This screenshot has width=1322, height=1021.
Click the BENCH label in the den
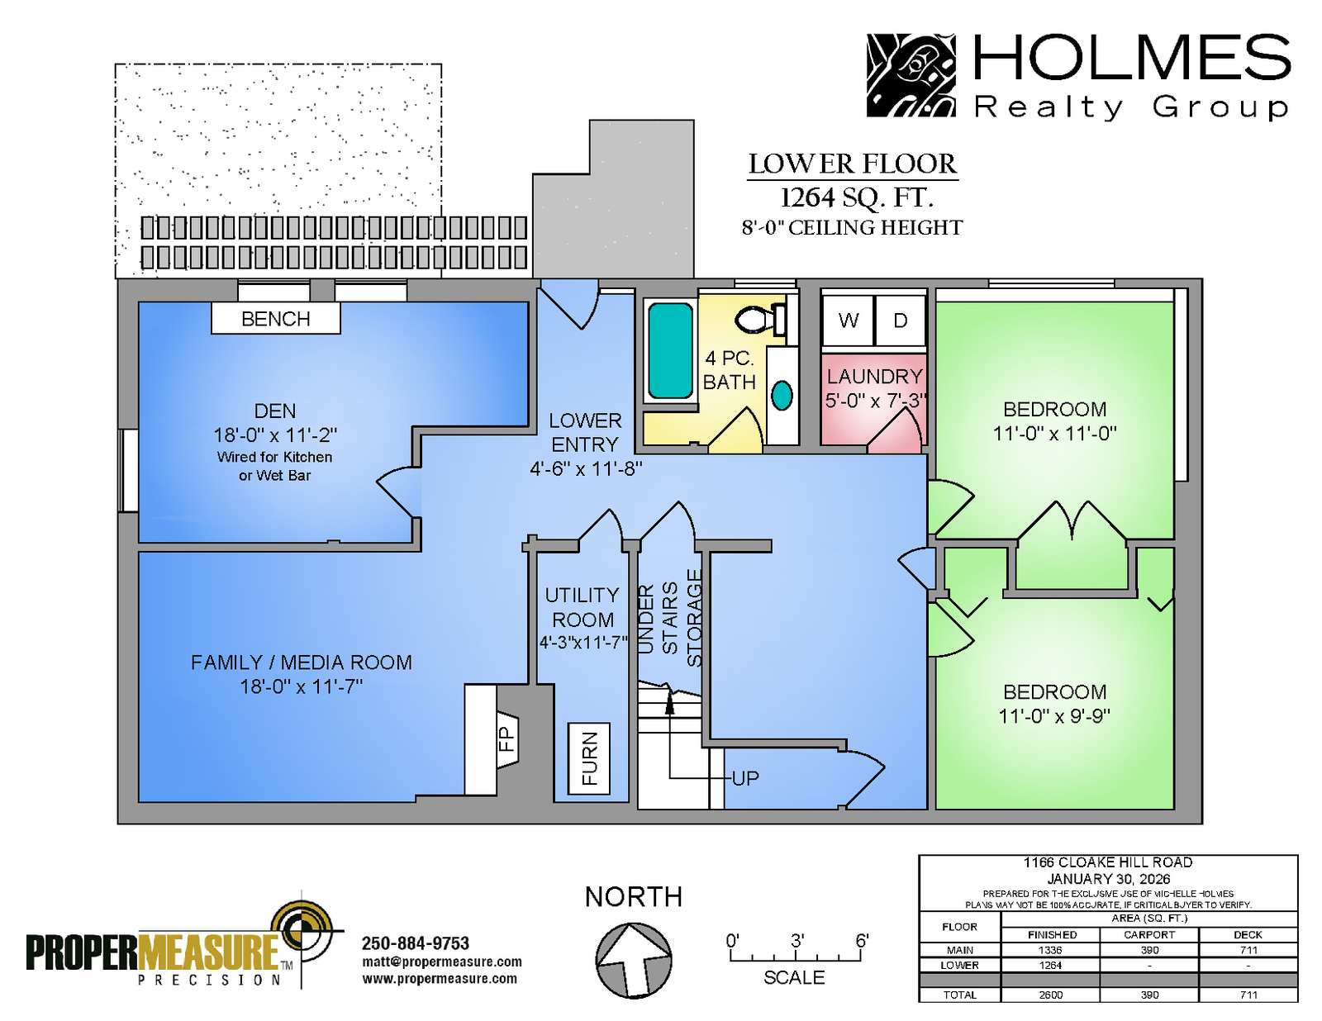276,319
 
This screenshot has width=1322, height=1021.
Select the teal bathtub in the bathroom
670,351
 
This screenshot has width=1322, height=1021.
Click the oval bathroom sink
782,395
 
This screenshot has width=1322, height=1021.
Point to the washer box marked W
848,321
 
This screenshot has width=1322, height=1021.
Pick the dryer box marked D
900,321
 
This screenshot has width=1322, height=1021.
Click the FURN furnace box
589,758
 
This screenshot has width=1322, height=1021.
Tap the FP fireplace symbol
506,740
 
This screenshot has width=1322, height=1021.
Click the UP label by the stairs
745,778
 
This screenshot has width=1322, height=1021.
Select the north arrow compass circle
633,961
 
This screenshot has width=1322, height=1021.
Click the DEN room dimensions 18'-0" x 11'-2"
275,435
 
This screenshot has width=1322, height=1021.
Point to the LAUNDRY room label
875,377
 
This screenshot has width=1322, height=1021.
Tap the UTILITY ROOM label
583,607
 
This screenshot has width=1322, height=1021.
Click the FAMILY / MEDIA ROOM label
301,662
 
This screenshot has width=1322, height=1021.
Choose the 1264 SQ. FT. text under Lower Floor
857,197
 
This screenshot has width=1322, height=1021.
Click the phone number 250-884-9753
416,943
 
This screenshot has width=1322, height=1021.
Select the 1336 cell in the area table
1050,950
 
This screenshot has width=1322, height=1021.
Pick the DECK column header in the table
1248,934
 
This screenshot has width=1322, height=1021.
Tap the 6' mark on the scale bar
862,941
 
